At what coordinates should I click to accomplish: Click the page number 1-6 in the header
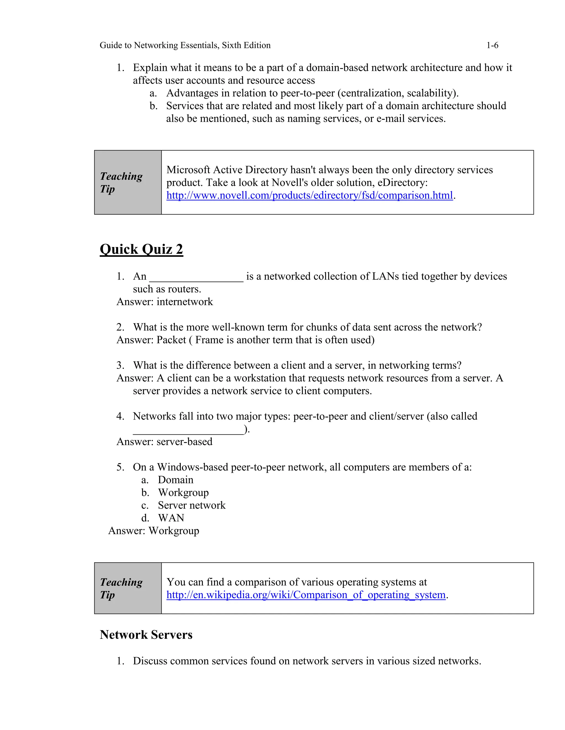pos(492,45)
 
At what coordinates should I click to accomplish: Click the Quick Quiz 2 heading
pos(141,249)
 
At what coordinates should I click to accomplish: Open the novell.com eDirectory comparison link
pos(309,195)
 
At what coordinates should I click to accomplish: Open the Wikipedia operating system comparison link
pos(306,595)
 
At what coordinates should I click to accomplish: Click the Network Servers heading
pos(146,635)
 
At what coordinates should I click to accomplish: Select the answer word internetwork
pos(185,302)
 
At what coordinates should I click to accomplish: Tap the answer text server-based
pos(185,442)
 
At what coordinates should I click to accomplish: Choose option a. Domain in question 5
pos(175,480)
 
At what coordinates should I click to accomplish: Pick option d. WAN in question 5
pos(171,518)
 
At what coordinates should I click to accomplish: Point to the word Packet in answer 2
pos(171,340)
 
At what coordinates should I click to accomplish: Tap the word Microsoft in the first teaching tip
pos(188,170)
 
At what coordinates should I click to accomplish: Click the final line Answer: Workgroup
pos(154,531)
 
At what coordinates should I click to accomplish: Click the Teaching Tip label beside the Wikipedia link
pos(121,588)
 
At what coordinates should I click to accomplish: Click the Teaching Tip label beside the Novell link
pos(121,182)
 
